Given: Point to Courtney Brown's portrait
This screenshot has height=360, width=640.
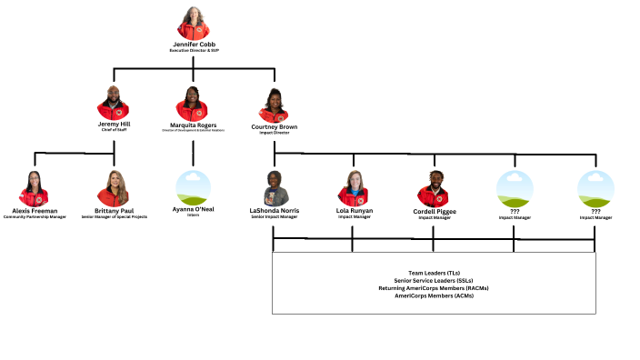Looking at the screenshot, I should pos(274,105).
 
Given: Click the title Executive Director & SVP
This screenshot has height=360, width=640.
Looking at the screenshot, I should pos(195,51).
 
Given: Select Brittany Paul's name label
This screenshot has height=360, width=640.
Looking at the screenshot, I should pos(114,210).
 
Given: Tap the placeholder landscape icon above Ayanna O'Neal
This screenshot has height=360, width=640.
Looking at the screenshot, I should pos(193,188).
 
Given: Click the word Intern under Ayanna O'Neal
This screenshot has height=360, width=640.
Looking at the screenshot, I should pos(193,217).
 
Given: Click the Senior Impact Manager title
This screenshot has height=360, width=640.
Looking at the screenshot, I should pos(274,217).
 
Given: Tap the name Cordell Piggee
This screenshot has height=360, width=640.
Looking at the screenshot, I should pos(435,210).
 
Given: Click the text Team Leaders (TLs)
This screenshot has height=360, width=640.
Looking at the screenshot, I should pos(434,273).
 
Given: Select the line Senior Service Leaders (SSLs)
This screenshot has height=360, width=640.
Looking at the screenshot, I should pos(434,281).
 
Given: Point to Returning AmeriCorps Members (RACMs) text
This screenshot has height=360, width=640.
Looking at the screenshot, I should pos(434,288).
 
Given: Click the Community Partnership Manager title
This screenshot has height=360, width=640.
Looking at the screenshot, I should pos(35,217).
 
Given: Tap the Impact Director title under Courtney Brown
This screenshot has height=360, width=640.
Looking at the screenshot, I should pos(274,134).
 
